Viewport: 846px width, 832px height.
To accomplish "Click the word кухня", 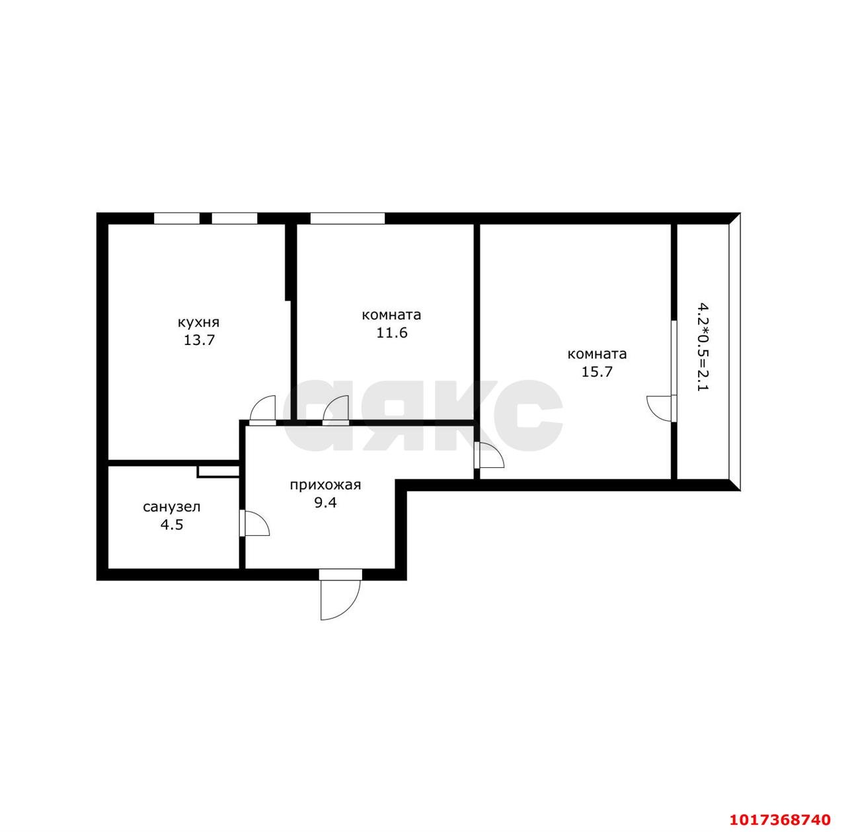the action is [198, 323].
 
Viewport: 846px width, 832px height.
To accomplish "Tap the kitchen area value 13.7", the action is [199, 340].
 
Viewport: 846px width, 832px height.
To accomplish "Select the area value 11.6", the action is [392, 333].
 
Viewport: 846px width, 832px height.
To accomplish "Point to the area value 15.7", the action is [597, 372].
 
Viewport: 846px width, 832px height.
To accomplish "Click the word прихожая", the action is [325, 485].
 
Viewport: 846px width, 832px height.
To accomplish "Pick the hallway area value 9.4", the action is [325, 502].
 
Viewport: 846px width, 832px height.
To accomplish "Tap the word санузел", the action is [172, 507].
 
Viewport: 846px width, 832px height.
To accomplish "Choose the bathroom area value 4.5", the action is [172, 524].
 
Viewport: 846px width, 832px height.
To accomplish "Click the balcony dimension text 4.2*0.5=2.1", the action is [704, 347].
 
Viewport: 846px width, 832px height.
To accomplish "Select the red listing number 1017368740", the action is [780, 819].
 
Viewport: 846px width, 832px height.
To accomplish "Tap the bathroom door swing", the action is [257, 523].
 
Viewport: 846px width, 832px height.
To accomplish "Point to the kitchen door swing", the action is [262, 408].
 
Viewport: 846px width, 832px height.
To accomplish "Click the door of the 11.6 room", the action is [336, 408].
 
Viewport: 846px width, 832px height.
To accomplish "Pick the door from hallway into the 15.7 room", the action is [492, 455].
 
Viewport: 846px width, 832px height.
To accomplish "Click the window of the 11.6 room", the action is [348, 218].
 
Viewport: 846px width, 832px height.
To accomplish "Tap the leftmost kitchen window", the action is [177, 218].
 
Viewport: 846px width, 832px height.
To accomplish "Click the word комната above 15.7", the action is [597, 354].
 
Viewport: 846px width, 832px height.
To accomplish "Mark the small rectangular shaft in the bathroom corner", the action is [218, 471].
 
